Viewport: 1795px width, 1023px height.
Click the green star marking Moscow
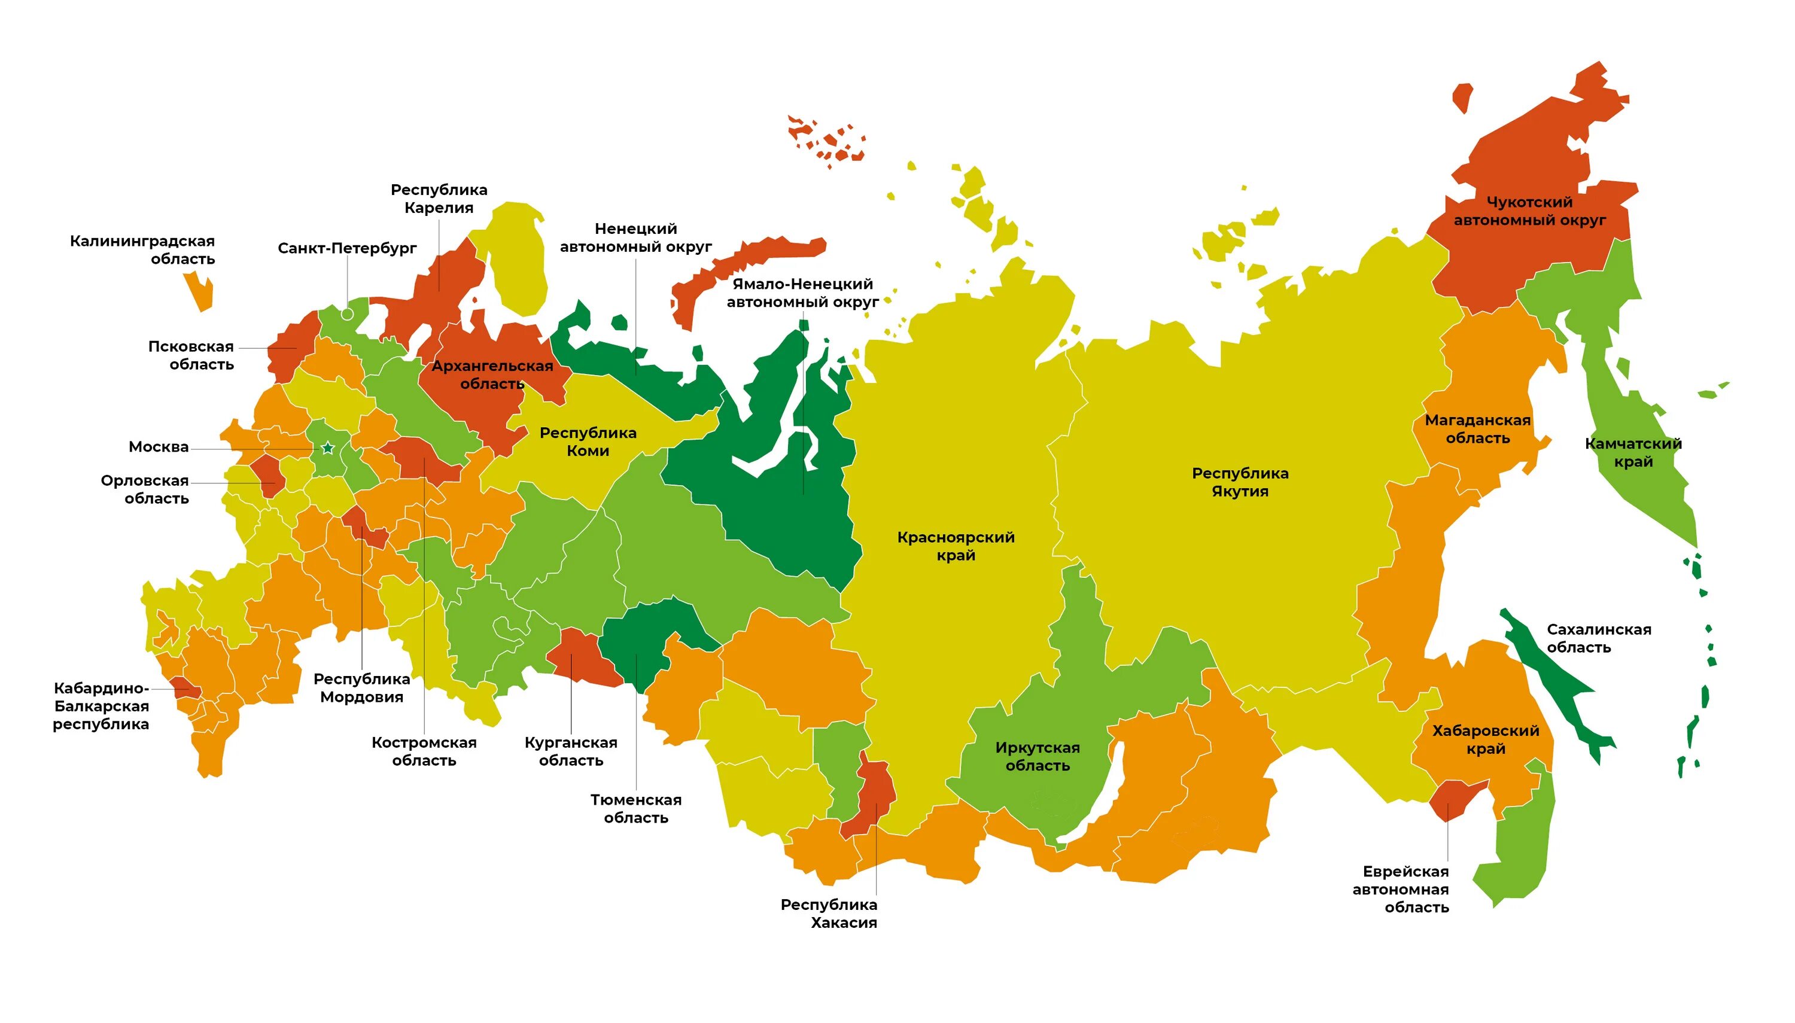click(x=327, y=448)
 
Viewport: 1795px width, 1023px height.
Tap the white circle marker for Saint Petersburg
click(x=347, y=314)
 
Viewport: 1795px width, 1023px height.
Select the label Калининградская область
click(x=142, y=250)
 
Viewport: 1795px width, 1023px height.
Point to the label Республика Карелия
click(x=439, y=199)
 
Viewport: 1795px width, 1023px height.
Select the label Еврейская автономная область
click(x=1401, y=890)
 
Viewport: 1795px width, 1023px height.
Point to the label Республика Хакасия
click(x=829, y=914)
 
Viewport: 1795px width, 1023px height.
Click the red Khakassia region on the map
click(x=875, y=794)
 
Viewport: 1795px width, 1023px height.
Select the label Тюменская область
click(x=636, y=809)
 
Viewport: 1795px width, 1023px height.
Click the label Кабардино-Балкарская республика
click(x=101, y=706)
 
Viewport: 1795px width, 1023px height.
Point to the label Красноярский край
click(x=956, y=547)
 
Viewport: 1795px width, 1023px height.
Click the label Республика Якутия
click(x=1240, y=483)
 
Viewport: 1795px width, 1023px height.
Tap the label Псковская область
click(x=191, y=355)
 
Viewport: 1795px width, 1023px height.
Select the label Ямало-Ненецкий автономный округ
click(x=802, y=293)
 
